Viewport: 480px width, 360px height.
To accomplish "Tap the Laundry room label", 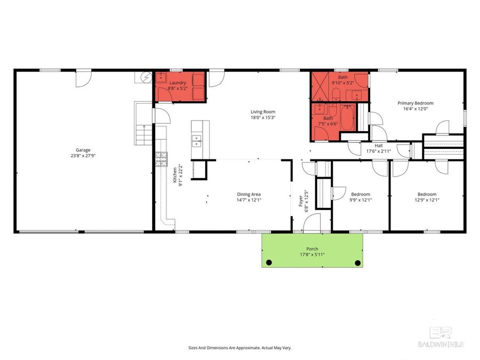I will coord(178,83).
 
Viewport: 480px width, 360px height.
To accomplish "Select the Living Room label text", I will coord(263,111).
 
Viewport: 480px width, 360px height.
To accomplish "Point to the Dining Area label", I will coord(249,194).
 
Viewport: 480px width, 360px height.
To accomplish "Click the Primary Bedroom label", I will coord(415,103).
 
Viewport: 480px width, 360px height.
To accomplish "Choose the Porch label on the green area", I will coord(312,249).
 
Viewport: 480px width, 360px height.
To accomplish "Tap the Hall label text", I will coord(378,145).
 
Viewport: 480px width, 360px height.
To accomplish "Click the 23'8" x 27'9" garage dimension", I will coord(82,156).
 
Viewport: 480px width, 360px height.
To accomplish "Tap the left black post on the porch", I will coord(269,262).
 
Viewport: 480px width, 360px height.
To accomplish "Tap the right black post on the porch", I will coord(357,262).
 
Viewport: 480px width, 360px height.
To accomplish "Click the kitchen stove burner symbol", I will coord(161,158).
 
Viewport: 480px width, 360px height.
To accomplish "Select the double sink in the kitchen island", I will coord(197,141).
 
